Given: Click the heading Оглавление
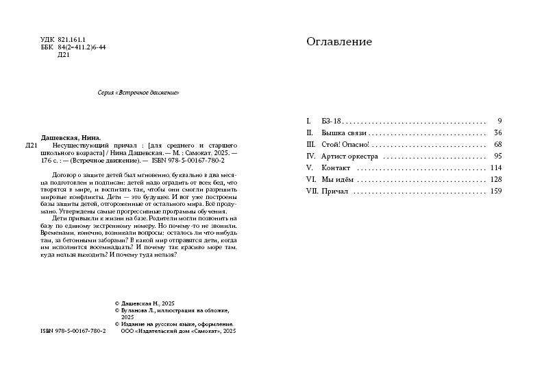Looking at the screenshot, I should tap(339, 42).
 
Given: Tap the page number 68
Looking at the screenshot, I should tap(497, 144).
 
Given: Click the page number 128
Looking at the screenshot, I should tap(496, 179).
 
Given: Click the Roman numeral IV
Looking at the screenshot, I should tap(310, 156).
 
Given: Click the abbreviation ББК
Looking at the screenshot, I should tap(47, 47).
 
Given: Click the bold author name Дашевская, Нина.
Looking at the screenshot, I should tap(71, 137).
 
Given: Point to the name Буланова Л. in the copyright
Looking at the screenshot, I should tap(136, 310).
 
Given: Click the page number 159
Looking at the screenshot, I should tap(496, 191).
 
